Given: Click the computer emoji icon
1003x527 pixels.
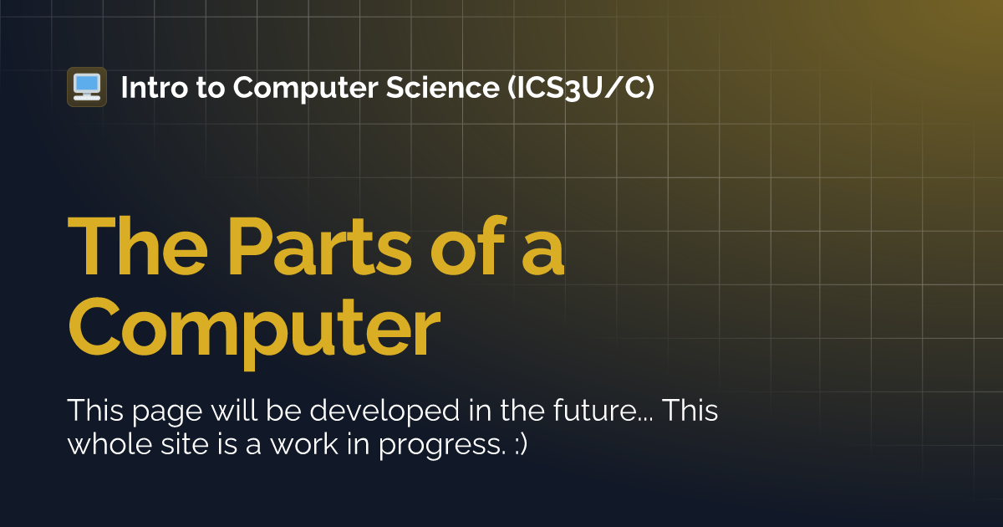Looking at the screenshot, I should coord(86,86).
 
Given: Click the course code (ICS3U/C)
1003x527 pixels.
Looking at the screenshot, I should coord(581,86).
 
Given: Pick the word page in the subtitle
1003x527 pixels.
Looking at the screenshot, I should coord(154,412).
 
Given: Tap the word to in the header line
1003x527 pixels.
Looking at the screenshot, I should coord(213,86).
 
